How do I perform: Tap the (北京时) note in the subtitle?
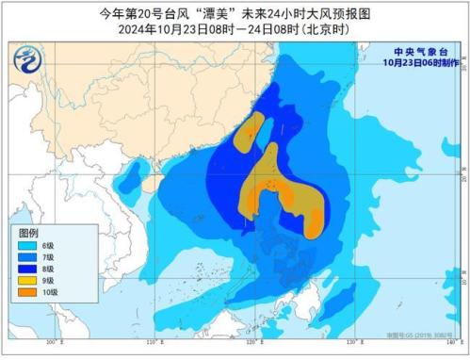[x=324, y=29]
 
